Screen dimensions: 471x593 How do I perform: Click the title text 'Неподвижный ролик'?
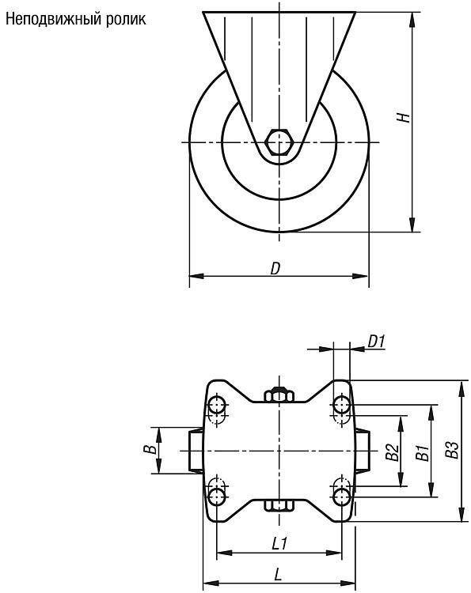coord(76,19)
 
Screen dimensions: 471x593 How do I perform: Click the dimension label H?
coord(404,117)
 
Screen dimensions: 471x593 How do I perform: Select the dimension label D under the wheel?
coord(275,269)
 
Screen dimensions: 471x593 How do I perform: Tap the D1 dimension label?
coord(376,342)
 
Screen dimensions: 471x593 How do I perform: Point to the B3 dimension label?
coord(452,450)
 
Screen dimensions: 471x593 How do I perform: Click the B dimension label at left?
coord(150,449)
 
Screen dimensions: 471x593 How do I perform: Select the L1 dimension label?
coord(279,544)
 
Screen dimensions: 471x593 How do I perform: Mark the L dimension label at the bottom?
coord(278,576)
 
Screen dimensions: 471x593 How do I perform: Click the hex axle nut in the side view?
coord(279,142)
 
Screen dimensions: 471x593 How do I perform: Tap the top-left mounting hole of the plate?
coord(217,405)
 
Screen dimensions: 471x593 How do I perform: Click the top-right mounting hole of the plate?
coord(341,405)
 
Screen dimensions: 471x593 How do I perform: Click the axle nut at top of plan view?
coord(279,394)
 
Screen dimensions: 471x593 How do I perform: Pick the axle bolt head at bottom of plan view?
coord(279,505)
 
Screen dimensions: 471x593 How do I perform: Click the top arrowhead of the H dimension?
coord(412,19)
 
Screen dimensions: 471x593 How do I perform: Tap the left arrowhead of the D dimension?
coord(196,276)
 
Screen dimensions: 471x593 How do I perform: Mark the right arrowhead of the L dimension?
coord(348,583)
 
